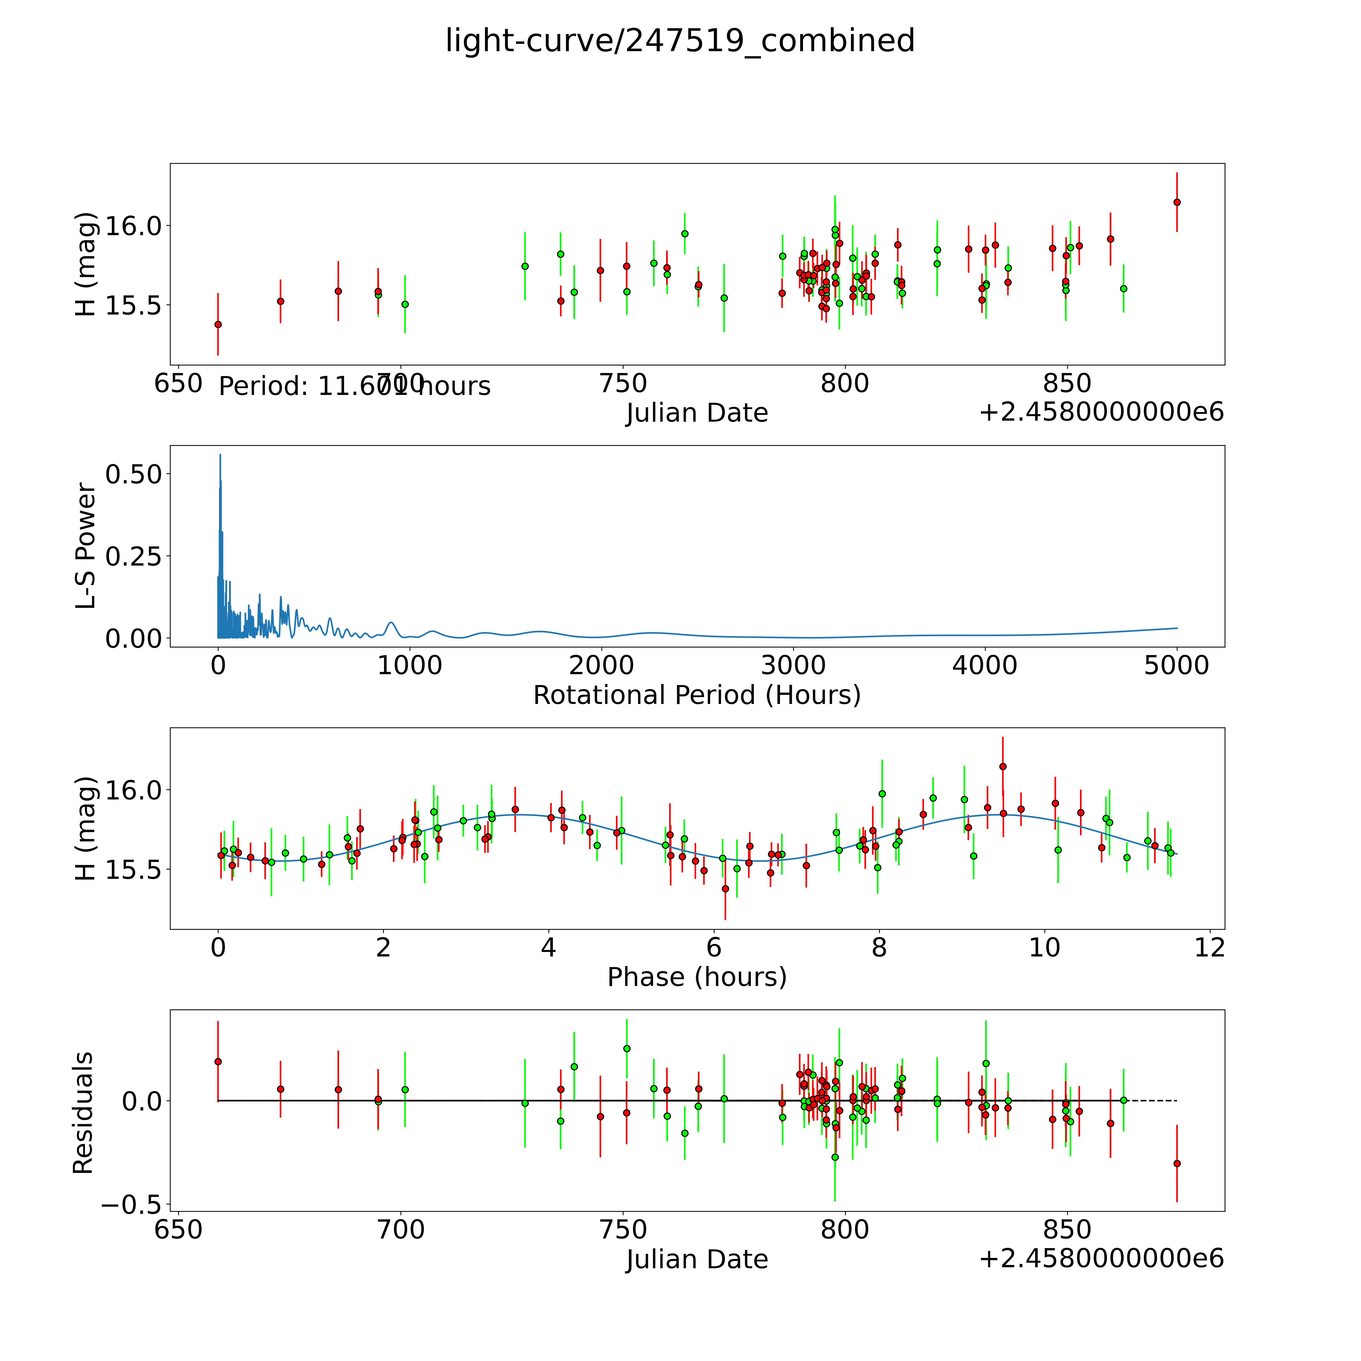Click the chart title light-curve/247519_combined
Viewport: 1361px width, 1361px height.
(680, 41)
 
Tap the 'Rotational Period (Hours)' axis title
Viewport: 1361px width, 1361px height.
(697, 695)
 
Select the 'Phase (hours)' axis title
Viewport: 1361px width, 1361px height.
(697, 977)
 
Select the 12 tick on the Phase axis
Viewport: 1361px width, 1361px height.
(1209, 947)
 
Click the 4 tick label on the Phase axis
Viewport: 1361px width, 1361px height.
(548, 947)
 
